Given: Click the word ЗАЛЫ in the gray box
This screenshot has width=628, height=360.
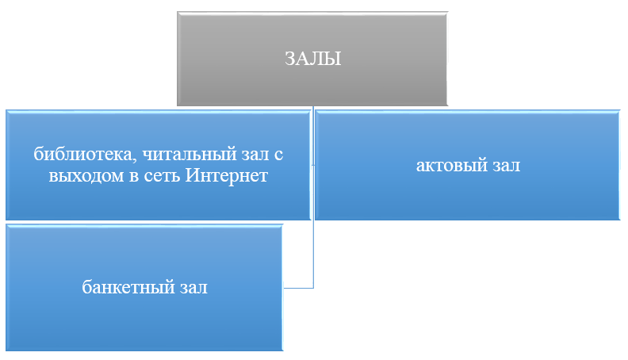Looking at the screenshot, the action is click(x=312, y=59).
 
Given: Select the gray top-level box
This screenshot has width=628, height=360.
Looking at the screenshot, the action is click(x=312, y=59).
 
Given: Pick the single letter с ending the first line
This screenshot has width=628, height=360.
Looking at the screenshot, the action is click(x=279, y=155).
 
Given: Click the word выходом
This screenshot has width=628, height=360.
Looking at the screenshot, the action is click(x=86, y=176).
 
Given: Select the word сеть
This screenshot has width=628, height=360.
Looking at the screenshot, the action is click(x=162, y=176).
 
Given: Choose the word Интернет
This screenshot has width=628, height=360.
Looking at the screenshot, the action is click(x=226, y=175).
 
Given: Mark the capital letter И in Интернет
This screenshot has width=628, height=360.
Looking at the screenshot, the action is click(x=192, y=175).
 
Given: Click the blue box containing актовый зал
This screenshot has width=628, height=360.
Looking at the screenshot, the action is click(x=467, y=165).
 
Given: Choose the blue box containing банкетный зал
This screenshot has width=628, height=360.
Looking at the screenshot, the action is click(x=144, y=288).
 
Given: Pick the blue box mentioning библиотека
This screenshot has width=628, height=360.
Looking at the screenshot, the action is click(x=159, y=165).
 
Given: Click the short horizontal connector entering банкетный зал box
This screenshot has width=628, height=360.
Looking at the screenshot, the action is click(x=298, y=288).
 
